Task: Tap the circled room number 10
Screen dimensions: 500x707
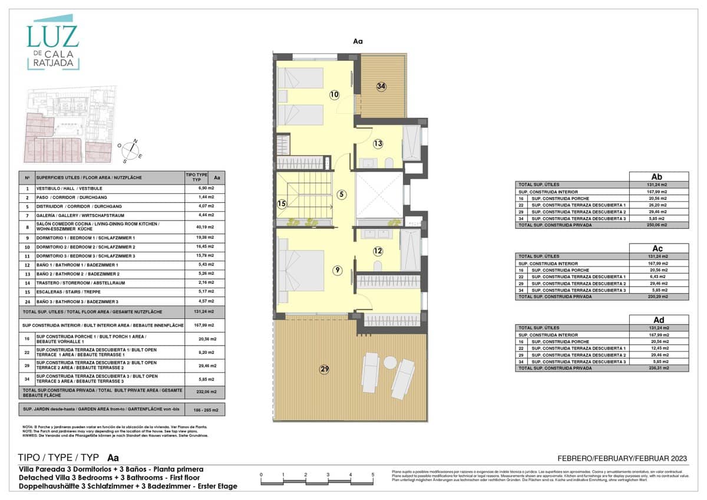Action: click(x=335, y=94)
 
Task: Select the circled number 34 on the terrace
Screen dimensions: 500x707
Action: click(x=382, y=86)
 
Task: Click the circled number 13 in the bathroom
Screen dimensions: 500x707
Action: click(x=378, y=143)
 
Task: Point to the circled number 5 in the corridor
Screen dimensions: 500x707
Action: click(x=341, y=194)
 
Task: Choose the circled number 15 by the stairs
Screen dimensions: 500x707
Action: click(x=282, y=205)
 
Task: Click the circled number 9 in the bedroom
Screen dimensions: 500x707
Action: click(x=337, y=271)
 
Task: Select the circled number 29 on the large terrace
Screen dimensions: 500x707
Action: click(x=324, y=370)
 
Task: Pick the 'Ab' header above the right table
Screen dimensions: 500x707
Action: click(x=659, y=176)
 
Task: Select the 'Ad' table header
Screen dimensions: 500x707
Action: click(x=659, y=320)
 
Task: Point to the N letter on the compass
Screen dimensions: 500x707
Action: click(x=135, y=140)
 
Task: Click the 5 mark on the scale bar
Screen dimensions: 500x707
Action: click(x=372, y=474)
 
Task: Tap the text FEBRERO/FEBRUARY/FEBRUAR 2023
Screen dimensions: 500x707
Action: click(x=622, y=459)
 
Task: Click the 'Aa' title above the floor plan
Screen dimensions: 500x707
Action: click(x=358, y=41)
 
